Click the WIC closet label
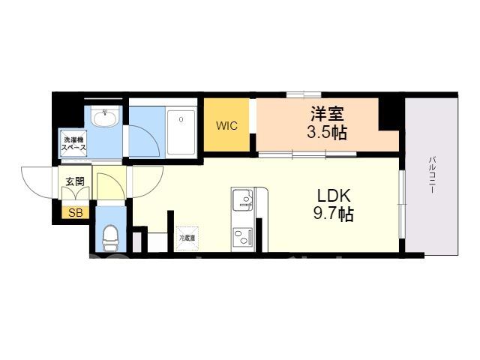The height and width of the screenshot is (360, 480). pos(226,126)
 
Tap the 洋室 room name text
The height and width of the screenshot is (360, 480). pos(327,114)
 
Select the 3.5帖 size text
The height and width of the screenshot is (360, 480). pos(327,133)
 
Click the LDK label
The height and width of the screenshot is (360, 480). pos(333,196)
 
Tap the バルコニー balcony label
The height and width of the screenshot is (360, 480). pos(432,175)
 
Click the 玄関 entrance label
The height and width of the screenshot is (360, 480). pos(75,181)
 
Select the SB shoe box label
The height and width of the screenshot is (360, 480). pos(75,213)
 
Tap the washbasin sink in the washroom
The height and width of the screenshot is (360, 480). pos(105,118)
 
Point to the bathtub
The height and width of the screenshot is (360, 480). pos(181,132)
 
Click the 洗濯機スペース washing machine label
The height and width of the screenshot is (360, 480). pos(73,143)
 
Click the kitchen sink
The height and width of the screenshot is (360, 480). pos(243,199)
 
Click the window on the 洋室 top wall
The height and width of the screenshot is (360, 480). pos(304,94)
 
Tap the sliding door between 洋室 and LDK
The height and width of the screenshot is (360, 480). pos(307,154)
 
